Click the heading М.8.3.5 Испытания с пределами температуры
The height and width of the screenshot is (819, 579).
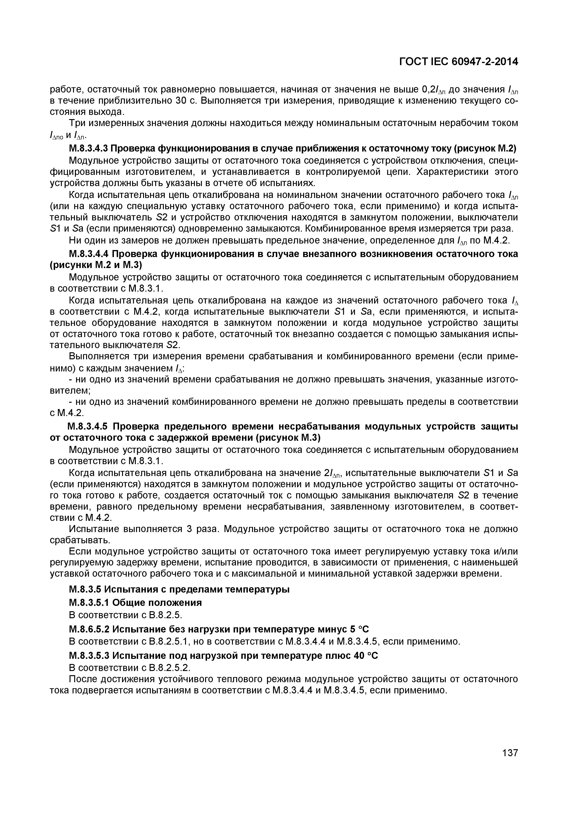[179, 589]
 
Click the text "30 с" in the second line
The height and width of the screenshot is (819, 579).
[187, 101]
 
